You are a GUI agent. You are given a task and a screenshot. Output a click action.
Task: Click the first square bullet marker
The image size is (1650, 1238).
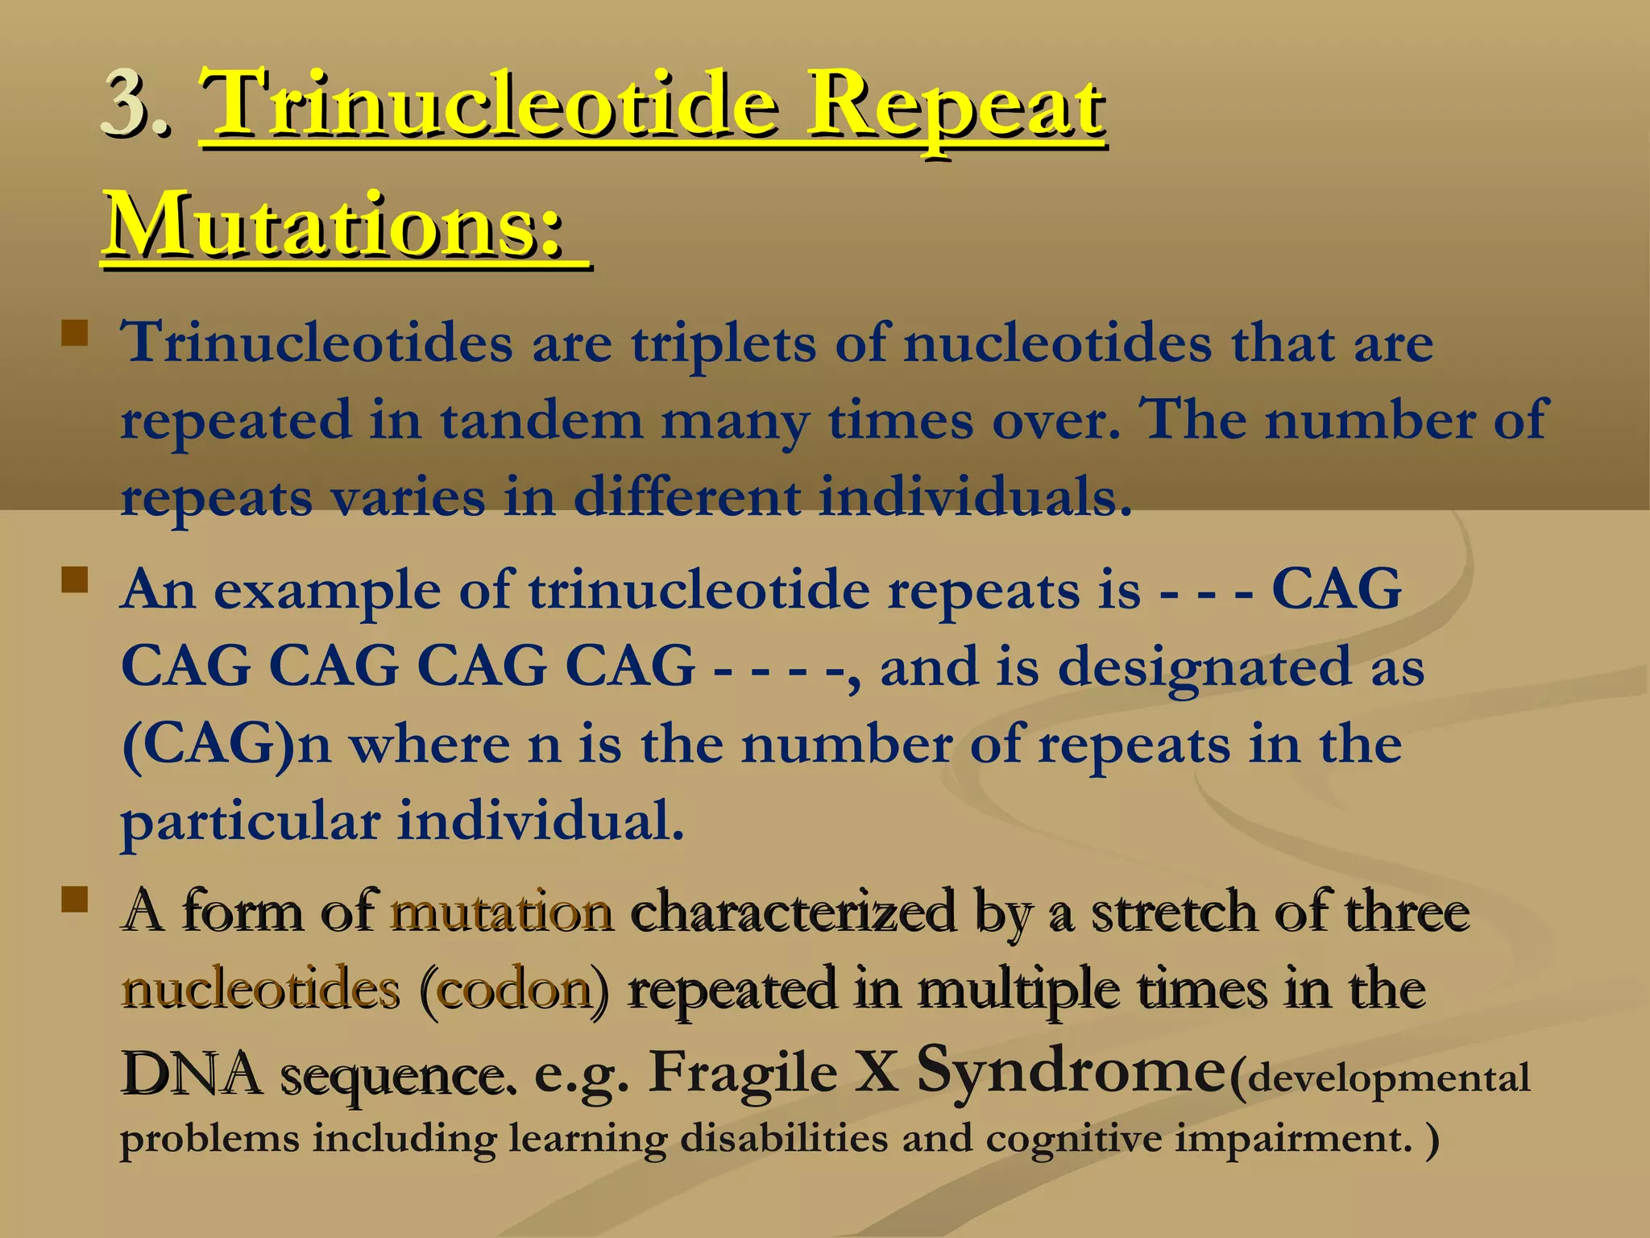(75, 333)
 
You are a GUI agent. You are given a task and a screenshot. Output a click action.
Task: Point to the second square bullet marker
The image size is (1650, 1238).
(75, 579)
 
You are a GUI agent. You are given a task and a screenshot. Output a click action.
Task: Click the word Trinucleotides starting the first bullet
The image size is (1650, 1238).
(316, 343)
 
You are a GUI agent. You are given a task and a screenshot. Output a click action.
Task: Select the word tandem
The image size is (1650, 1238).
(541, 421)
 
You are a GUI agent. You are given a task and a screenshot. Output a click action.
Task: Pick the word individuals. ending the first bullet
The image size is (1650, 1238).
(975, 497)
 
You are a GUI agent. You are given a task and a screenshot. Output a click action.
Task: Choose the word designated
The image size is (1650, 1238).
(1204, 669)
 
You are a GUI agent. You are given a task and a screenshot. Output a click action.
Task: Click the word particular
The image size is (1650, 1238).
(250, 822)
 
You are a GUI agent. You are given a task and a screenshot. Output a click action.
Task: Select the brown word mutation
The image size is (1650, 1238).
(501, 912)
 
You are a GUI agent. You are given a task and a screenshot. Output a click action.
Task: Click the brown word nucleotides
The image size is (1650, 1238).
(259, 990)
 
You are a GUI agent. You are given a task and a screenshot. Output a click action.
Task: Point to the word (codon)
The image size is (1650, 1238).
(513, 990)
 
